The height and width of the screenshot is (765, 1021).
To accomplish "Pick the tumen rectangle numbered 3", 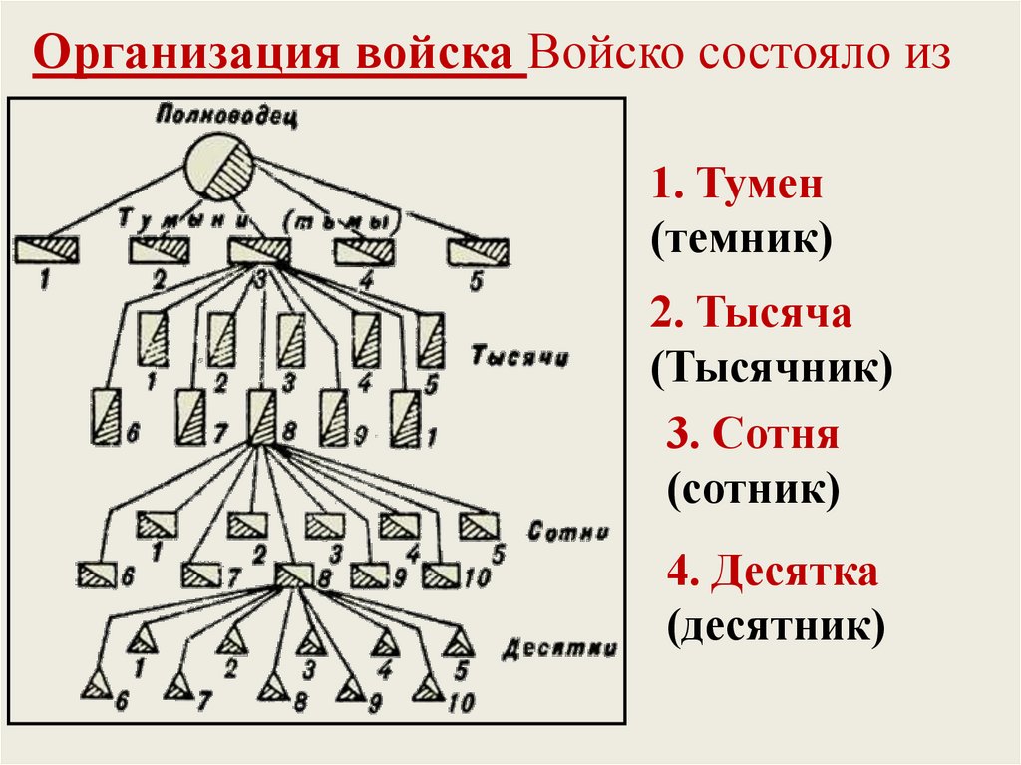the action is click(x=258, y=250).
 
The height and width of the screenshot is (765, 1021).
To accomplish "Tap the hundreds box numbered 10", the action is click(x=439, y=575).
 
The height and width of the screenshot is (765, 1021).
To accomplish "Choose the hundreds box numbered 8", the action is click(x=293, y=575).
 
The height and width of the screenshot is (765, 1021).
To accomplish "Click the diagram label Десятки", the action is click(x=558, y=648).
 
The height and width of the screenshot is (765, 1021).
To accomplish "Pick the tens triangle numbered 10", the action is click(x=429, y=687).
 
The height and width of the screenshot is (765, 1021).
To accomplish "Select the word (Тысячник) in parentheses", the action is click(x=772, y=369).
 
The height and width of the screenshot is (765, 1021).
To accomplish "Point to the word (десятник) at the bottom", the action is click(x=776, y=628).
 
